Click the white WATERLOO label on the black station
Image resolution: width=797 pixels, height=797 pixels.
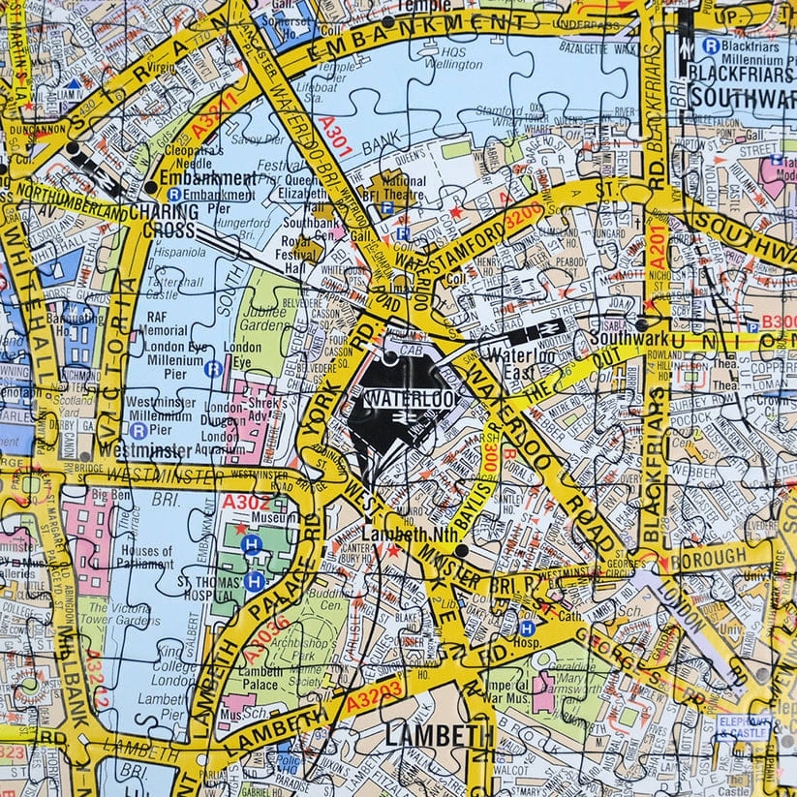[398, 399]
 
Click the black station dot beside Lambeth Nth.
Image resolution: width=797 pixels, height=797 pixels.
[461, 550]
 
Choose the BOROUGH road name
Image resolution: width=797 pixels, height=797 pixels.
[715, 557]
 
